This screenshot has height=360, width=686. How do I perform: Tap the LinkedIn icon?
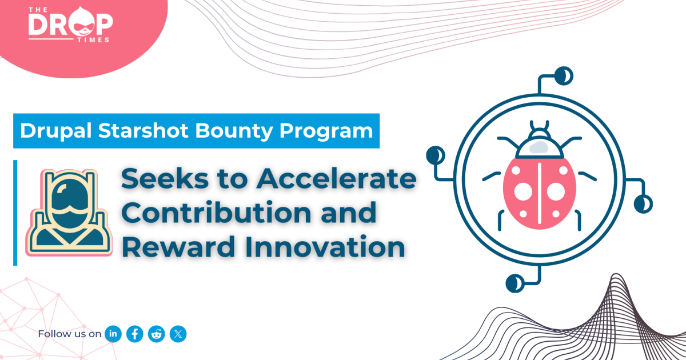(x=113, y=334)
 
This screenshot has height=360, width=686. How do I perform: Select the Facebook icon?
(x=135, y=334)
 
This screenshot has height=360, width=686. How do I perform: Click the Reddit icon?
(x=156, y=334)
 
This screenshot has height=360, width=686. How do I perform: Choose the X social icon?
(x=178, y=334)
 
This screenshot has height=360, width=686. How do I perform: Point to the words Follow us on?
(x=70, y=334)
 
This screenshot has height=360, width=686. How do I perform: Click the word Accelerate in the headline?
(x=336, y=181)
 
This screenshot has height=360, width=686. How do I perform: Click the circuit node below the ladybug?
(x=514, y=282)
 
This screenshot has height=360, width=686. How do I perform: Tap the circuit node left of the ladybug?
(x=435, y=154)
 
